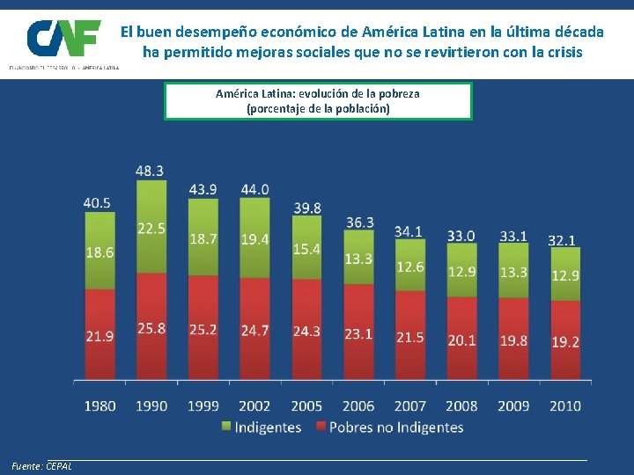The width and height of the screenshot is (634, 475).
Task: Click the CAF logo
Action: (x=63, y=39)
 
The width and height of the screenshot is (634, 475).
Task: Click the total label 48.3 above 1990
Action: (x=150, y=170)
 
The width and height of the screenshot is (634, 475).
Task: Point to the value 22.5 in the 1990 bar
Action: (x=151, y=228)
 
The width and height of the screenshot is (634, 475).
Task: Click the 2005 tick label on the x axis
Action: (x=306, y=406)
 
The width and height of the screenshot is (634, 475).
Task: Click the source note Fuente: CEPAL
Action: (x=42, y=465)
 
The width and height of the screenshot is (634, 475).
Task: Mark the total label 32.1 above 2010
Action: (x=562, y=239)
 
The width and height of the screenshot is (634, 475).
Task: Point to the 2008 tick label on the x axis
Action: (x=461, y=406)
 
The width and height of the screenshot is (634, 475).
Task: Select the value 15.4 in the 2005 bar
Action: (x=307, y=249)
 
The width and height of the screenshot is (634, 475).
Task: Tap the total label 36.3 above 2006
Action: (x=358, y=223)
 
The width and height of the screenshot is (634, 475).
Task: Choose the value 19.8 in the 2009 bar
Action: (x=513, y=340)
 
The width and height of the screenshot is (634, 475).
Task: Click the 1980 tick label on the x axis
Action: (x=100, y=406)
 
